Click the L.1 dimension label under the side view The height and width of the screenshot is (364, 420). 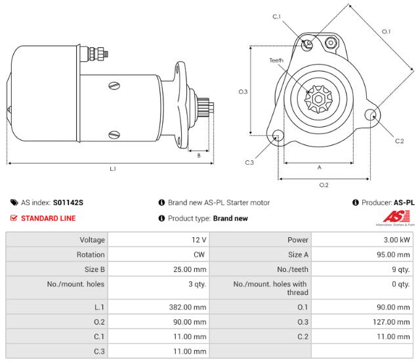pyautogui.click(x=112, y=168)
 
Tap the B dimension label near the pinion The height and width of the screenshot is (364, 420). pyautogui.click(x=199, y=155)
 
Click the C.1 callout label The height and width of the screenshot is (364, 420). pyautogui.click(x=277, y=16)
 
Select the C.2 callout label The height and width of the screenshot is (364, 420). pyautogui.click(x=399, y=141)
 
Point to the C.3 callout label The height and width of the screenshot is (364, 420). pyautogui.click(x=249, y=162)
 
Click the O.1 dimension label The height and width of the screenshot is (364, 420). pyautogui.click(x=387, y=31)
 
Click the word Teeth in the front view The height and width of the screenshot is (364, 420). pyautogui.click(x=277, y=60)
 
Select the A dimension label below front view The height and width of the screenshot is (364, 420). pyautogui.click(x=320, y=167)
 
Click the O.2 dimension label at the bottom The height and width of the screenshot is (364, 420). pyautogui.click(x=324, y=185)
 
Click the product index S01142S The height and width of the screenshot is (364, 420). pyautogui.click(x=69, y=203)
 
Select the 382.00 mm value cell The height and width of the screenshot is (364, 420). pyautogui.click(x=188, y=306)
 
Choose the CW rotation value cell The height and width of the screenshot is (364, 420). pyautogui.click(x=200, y=255)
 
